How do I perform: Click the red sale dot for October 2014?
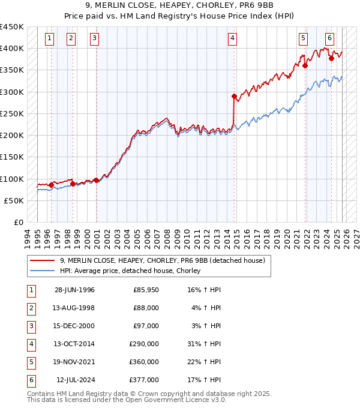[x=234, y=96]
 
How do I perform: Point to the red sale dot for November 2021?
[x=305, y=66]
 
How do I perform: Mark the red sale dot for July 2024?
[x=332, y=58]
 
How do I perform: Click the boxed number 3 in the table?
[x=30, y=326]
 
